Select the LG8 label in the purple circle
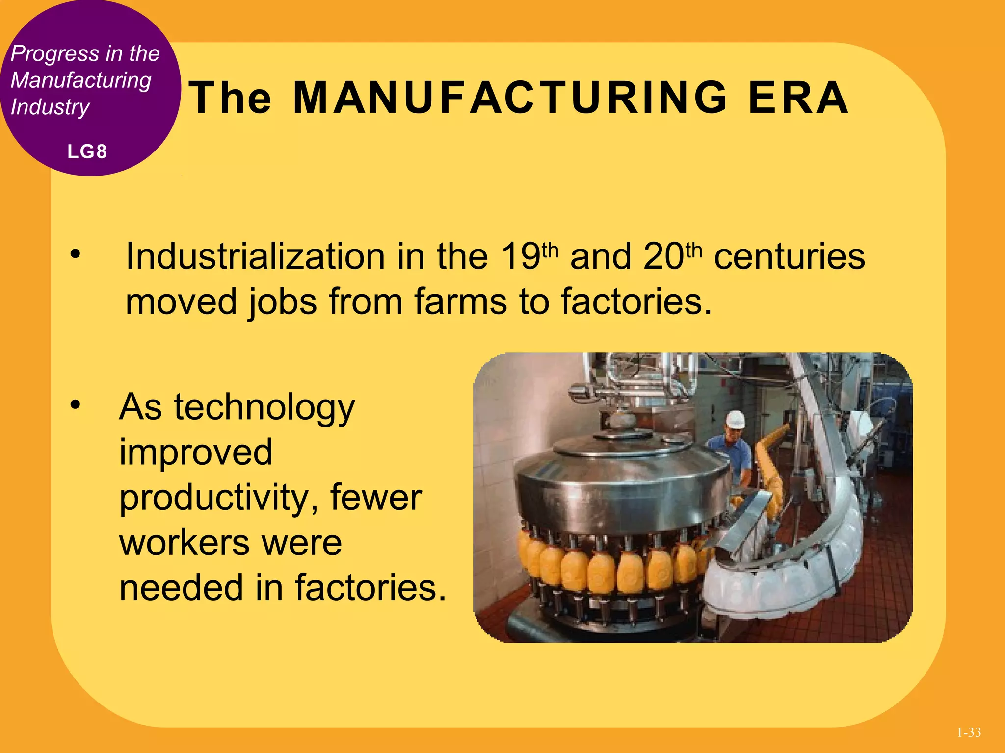coord(87,151)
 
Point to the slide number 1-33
coord(969,732)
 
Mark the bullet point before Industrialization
coord(75,254)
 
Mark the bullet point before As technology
coord(75,404)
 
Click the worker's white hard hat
coord(735,420)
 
